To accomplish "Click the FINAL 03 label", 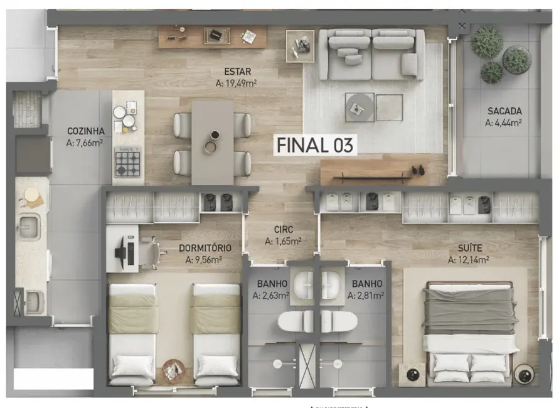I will pos(316,145).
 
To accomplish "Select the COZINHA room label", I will pos(86,131).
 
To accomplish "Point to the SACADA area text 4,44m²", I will pos(504,123).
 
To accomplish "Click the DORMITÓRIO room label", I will pos(205,248).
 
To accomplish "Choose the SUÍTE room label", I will pos(468,249).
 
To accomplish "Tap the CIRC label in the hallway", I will pos(284,230).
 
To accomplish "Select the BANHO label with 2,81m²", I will pos(367,284).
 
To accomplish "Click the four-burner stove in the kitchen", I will pos(127,164).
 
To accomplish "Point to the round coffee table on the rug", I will pos(359,107).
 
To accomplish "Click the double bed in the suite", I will pos(469,331).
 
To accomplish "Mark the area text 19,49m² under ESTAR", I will pos(235,82).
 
